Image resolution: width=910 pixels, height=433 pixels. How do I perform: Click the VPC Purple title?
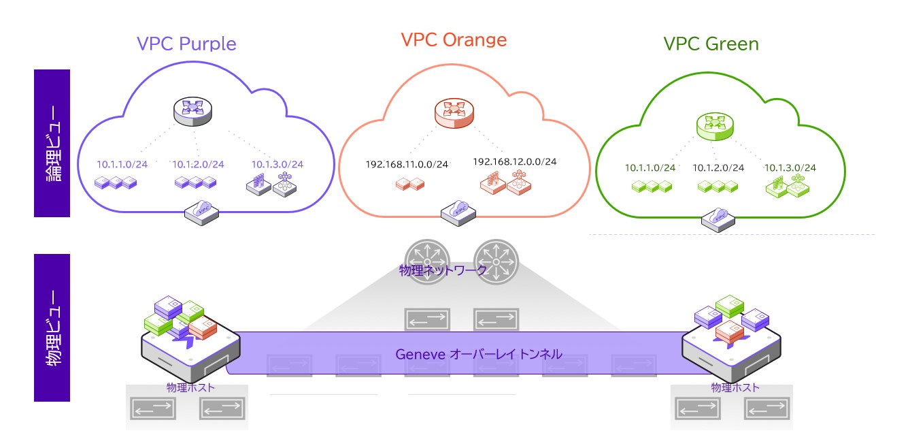coord(186,44)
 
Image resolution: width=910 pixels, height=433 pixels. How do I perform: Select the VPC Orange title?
coord(454,39)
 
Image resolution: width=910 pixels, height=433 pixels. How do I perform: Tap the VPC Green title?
coord(711,44)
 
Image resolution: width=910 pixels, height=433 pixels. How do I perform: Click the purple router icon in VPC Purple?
coord(193,112)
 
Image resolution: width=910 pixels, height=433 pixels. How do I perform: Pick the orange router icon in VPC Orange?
coord(454,113)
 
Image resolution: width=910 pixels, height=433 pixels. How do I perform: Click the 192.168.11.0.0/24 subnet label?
coord(407,164)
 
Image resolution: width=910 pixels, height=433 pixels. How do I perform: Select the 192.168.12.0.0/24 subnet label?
coord(514,161)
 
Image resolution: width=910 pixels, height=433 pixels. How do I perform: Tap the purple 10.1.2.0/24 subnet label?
coord(198,164)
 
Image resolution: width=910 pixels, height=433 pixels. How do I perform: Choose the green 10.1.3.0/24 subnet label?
coord(790,167)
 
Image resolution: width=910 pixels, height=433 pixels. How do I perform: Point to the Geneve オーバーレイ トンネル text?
coord(478,354)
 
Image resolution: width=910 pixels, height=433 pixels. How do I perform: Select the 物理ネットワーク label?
coord(443,270)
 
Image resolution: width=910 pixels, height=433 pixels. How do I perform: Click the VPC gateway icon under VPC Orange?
coord(458,212)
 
